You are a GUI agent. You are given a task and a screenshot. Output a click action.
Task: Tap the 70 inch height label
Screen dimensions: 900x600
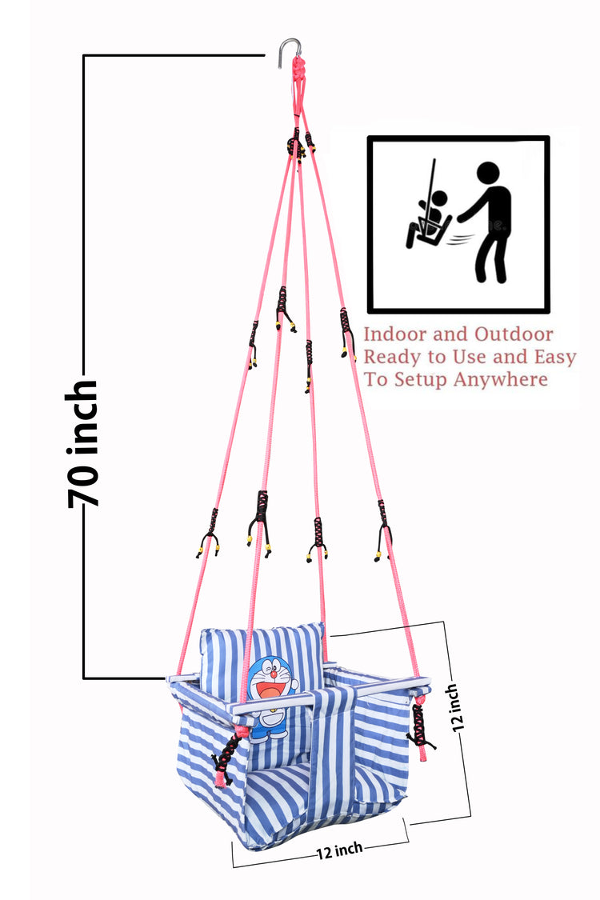tap(83, 444)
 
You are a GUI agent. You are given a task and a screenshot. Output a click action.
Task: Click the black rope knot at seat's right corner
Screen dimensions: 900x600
tap(419, 724)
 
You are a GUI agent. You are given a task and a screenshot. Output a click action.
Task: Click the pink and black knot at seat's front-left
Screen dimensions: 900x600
tap(226, 756)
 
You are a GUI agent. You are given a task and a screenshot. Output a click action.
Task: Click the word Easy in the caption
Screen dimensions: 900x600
tap(550, 357)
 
